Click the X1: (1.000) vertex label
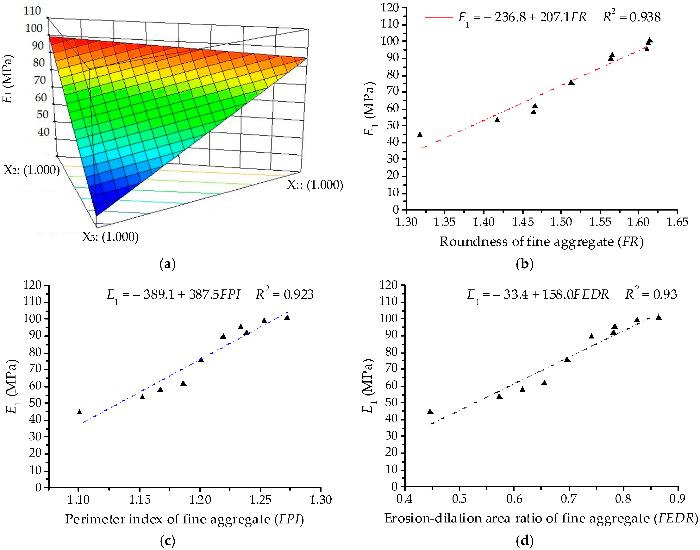pyautogui.click(x=315, y=185)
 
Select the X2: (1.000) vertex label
pyautogui.click(x=32, y=170)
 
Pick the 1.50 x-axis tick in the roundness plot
pyautogui.click(x=561, y=222)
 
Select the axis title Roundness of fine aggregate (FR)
pyautogui.click(x=541, y=242)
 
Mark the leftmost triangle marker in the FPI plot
pyautogui.click(x=79, y=412)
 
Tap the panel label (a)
pyautogui.click(x=167, y=264)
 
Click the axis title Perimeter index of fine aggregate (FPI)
pyautogui.click(x=184, y=519)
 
